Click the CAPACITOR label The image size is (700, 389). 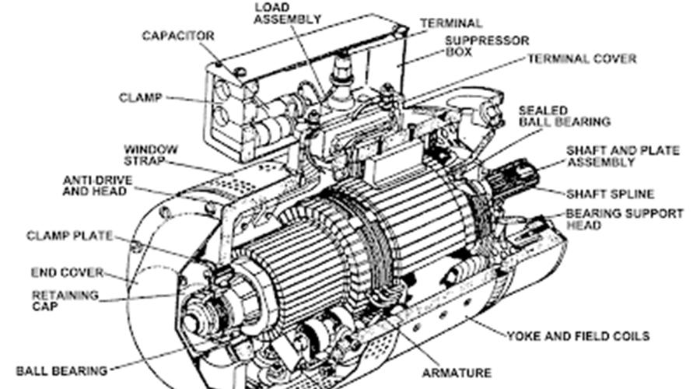[x=177, y=36]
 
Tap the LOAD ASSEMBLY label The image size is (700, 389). [x=288, y=13]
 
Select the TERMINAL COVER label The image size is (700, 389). [x=582, y=59]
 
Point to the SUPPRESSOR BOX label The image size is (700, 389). [x=487, y=47]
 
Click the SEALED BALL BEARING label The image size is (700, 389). [x=565, y=116]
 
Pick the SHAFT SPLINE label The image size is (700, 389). [x=610, y=194]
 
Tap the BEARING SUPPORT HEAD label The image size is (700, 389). [x=625, y=219]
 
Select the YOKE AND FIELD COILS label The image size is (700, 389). [x=578, y=336]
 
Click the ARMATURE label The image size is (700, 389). [x=457, y=373]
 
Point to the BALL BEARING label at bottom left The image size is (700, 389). [x=61, y=370]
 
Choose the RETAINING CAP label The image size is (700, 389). [x=65, y=300]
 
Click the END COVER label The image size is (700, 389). [x=67, y=272]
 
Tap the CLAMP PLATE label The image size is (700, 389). [x=69, y=236]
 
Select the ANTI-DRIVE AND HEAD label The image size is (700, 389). [x=97, y=186]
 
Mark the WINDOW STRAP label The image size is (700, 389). [x=150, y=155]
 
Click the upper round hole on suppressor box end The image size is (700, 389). [x=222, y=89]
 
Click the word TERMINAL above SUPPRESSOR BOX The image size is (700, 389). [x=451, y=23]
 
